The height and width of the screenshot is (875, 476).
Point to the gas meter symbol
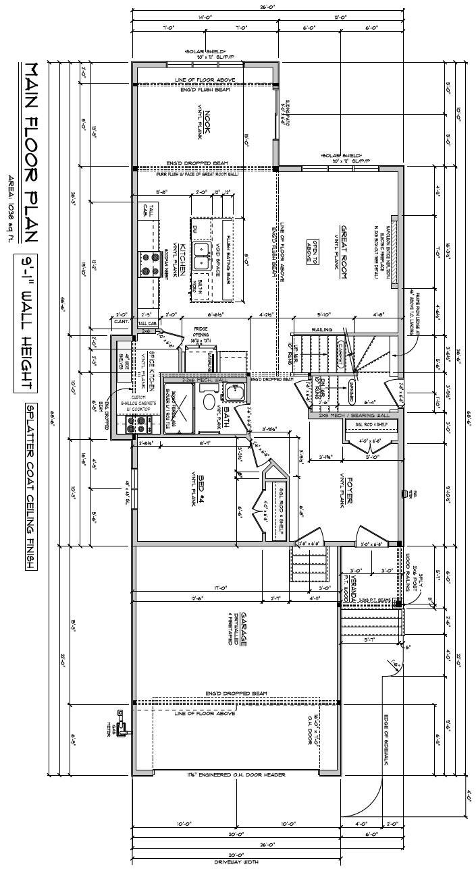tap(122, 725)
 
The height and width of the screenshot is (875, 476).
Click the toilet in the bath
tap(209, 402)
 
